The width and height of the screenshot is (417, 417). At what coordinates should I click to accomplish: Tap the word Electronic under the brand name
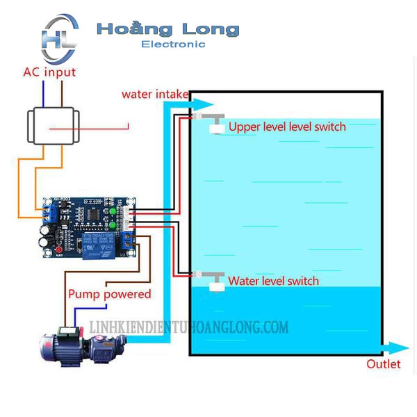173,44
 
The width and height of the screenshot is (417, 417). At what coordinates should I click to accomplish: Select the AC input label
49,72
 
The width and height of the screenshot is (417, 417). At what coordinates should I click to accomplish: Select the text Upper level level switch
287,126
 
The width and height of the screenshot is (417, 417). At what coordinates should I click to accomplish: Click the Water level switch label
273,281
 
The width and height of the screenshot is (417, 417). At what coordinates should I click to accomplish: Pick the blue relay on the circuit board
92,244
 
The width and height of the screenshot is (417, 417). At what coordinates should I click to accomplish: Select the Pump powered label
109,294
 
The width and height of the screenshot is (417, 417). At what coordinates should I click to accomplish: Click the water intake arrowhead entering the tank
185,104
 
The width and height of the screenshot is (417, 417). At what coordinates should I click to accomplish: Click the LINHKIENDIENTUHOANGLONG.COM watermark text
188,327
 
